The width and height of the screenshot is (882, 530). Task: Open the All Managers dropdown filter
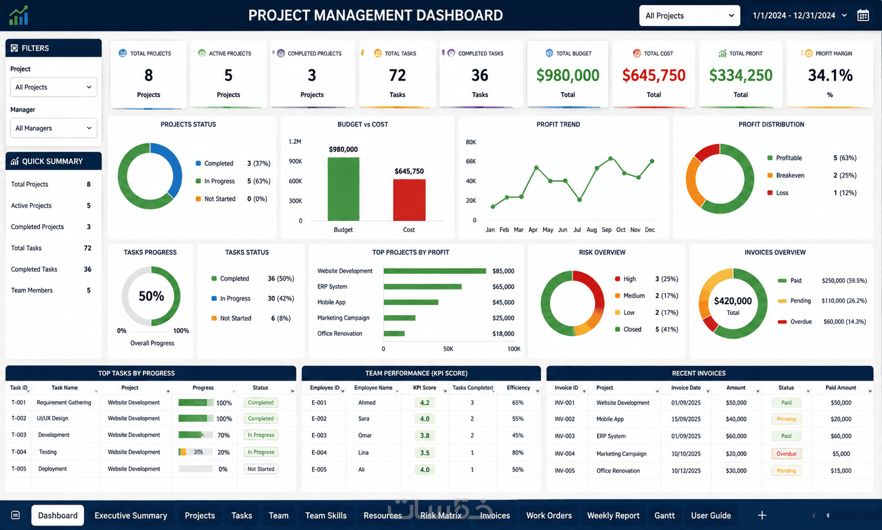coord(53,128)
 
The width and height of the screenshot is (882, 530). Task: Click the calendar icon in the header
coord(863,15)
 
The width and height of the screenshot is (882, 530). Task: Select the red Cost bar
coord(409,200)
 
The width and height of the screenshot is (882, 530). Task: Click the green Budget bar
coord(343,189)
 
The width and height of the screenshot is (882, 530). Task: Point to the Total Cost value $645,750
coord(654,75)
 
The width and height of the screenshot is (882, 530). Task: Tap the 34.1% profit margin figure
coord(830,75)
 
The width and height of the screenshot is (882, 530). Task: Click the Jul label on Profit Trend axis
coord(577,230)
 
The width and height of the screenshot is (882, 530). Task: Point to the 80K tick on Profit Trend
coord(471,142)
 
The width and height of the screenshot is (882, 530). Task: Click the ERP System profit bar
coord(423,286)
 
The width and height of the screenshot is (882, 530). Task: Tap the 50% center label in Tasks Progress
coord(151,296)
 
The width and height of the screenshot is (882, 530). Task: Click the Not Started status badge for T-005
coord(260,469)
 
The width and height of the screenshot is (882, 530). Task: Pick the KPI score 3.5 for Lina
coord(424,453)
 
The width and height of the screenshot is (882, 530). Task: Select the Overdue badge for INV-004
coord(786,454)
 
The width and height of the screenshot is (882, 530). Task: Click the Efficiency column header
coord(518,388)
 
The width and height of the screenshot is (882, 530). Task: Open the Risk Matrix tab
coord(441,515)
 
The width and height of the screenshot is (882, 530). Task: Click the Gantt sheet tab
coord(664,515)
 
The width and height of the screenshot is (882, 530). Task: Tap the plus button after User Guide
coord(762,515)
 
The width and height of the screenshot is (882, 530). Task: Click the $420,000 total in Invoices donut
coord(733,301)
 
